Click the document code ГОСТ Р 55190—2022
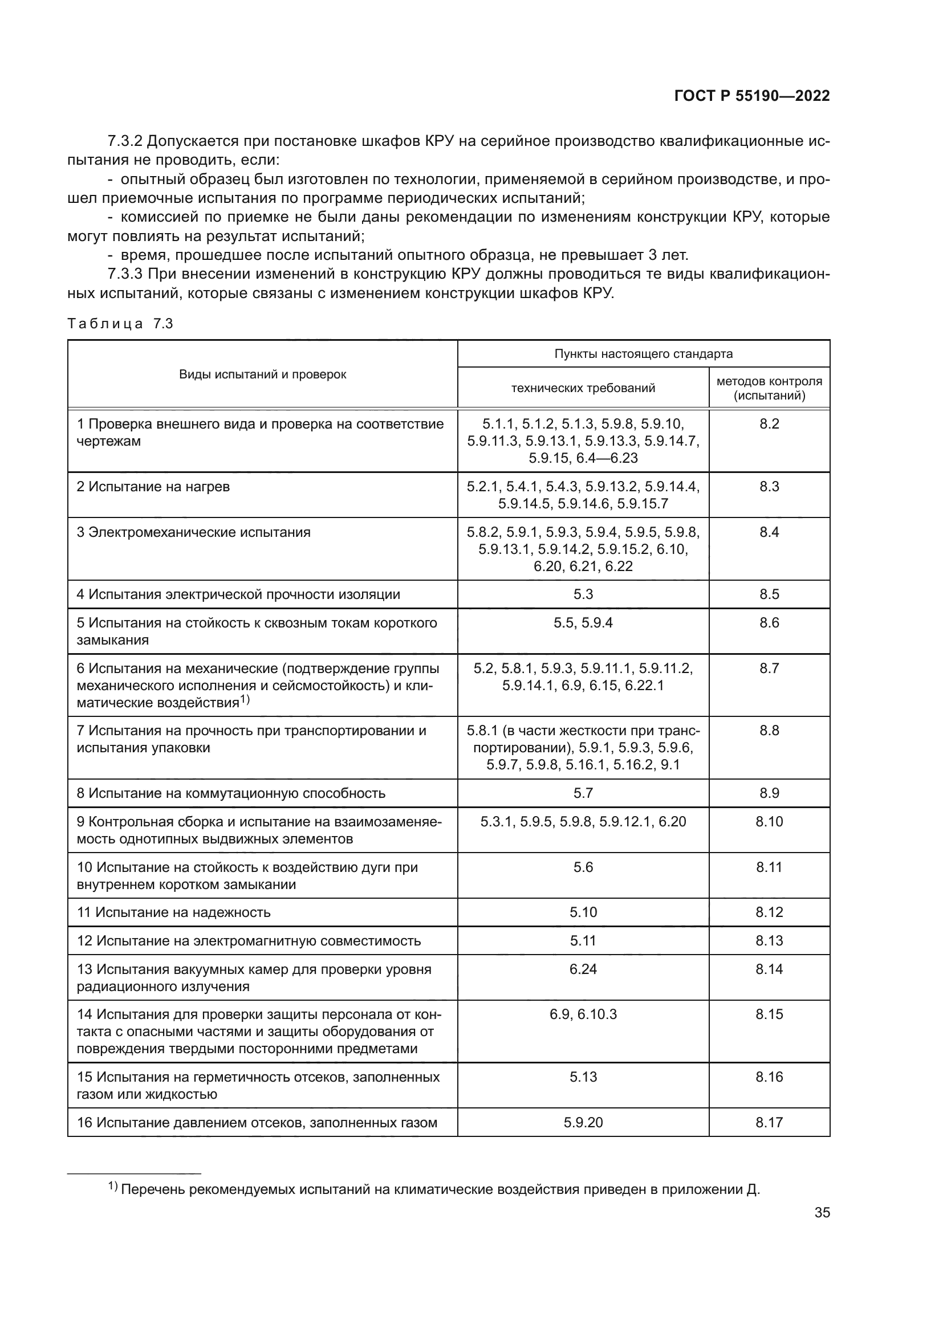[x=752, y=96]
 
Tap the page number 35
[x=822, y=1212]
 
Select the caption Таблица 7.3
[x=120, y=324]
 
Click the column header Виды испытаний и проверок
[x=262, y=374]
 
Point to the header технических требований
[x=583, y=388]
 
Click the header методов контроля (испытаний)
[x=769, y=389]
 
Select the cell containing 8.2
[x=769, y=424]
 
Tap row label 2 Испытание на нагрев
[x=153, y=487]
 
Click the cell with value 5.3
[x=583, y=594]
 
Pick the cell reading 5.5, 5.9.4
[x=583, y=623]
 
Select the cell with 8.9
[x=769, y=793]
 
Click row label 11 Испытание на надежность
[x=174, y=912]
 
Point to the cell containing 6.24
[x=583, y=969]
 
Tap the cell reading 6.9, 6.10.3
[x=583, y=1014]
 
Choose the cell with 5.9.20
[x=583, y=1122]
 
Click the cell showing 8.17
[x=769, y=1122]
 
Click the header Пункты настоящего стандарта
[x=643, y=353]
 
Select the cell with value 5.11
[x=583, y=940]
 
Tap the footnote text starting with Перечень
[x=440, y=1189]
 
